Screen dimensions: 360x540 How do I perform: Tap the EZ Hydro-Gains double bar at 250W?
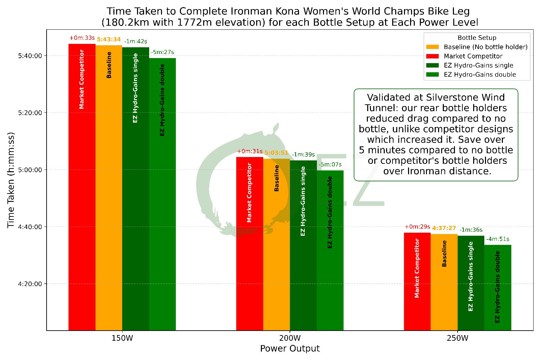click(497, 287)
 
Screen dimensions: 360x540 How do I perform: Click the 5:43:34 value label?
click(109, 40)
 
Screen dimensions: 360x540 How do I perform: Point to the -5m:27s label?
click(162, 52)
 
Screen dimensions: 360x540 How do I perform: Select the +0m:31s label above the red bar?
click(250, 151)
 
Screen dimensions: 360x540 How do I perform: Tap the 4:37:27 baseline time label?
click(444, 228)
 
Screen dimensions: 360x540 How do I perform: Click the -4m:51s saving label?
click(497, 239)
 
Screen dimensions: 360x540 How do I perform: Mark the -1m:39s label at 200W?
click(303, 155)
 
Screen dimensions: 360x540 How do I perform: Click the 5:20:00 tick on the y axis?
click(30, 113)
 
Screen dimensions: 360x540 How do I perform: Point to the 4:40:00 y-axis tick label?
click(30, 227)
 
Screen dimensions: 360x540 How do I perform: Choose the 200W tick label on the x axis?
click(290, 338)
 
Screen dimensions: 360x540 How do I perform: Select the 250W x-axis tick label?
click(457, 338)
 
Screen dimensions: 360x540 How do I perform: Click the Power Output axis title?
click(290, 349)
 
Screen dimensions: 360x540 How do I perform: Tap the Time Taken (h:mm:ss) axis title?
click(11, 180)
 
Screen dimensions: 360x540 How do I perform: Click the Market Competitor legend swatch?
click(432, 56)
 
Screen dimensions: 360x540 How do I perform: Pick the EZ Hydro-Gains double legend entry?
click(480, 75)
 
